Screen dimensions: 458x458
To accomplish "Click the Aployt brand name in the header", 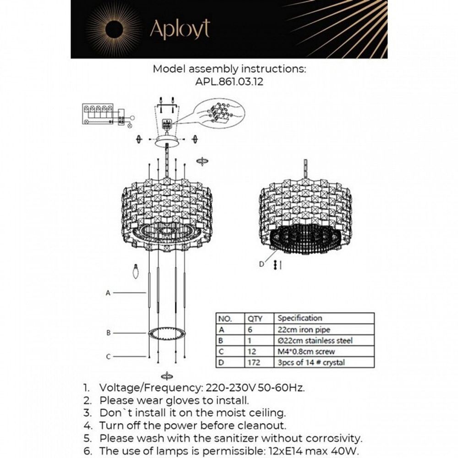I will pyautogui.click(x=180, y=29).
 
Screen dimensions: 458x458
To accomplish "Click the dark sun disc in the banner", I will pyautogui.click(x=114, y=30).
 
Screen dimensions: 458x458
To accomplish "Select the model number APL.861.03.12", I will pyautogui.click(x=229, y=82).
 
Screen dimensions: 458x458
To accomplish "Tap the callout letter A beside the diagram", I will pyautogui.click(x=108, y=293).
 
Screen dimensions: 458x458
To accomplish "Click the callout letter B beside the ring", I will pyautogui.click(x=108, y=333).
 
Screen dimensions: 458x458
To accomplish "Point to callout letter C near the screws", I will pyautogui.click(x=108, y=356).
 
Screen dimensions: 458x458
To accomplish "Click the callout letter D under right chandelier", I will pyautogui.click(x=262, y=264).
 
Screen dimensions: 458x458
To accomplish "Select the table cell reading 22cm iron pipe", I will pyautogui.click(x=304, y=329).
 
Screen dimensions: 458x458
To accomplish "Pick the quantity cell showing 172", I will pyautogui.click(x=254, y=362).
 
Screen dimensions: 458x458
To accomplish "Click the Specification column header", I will pyautogui.click(x=300, y=318).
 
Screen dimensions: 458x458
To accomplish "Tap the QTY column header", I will pyautogui.click(x=255, y=318).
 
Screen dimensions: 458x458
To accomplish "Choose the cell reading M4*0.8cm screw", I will pyautogui.click(x=306, y=351).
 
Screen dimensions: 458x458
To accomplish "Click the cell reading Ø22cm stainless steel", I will pyautogui.click(x=315, y=340).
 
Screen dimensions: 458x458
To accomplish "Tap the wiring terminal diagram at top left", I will pyautogui.click(x=105, y=115).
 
